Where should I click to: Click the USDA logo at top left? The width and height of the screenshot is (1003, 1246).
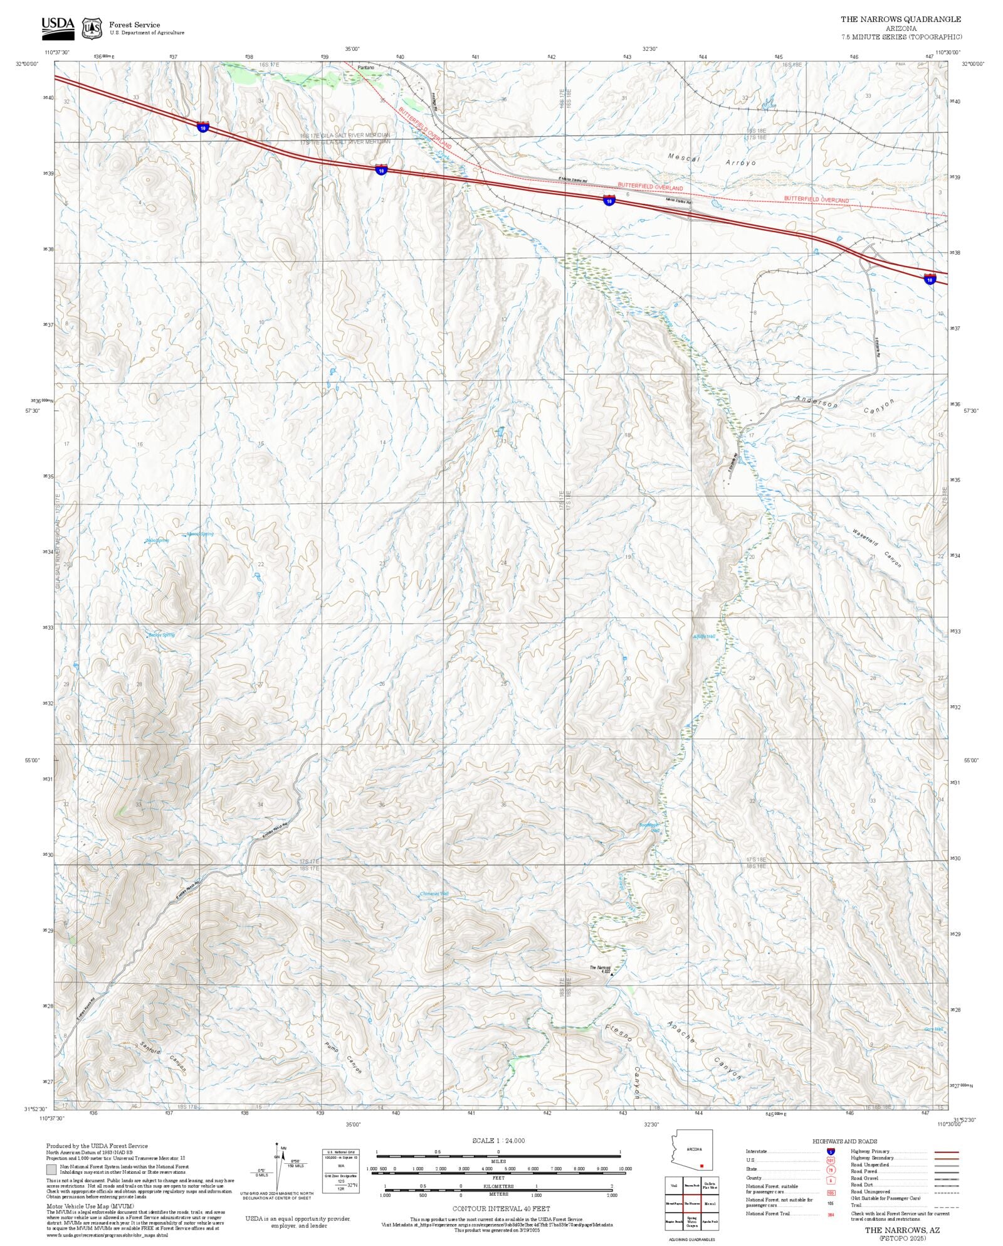(x=58, y=28)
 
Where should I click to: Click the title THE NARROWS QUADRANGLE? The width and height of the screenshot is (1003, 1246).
(x=900, y=19)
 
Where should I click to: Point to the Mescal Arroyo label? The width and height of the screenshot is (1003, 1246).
(x=712, y=160)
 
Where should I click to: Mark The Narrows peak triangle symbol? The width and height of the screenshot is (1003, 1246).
(x=612, y=975)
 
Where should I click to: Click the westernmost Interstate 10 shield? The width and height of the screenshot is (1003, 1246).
(x=202, y=127)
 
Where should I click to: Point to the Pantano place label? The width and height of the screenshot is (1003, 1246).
(x=365, y=67)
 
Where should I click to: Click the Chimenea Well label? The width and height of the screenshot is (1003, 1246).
(x=434, y=893)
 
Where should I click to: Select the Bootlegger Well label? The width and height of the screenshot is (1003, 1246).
(x=649, y=828)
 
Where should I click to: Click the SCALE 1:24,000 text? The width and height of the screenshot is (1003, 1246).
(x=498, y=1141)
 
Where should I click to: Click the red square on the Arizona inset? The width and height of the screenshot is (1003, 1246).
(x=702, y=1166)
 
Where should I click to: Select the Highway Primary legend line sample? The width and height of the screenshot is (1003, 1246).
(x=947, y=1152)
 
